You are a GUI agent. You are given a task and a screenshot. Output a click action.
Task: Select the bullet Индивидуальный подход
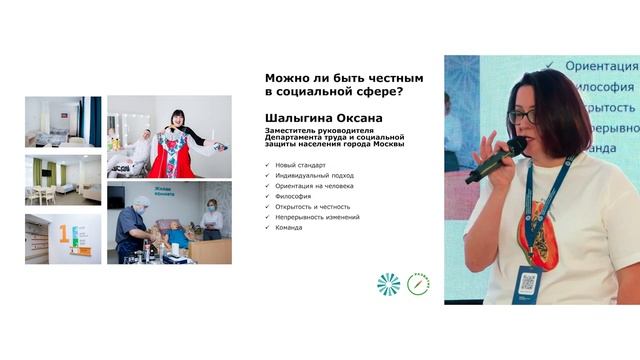[310, 174]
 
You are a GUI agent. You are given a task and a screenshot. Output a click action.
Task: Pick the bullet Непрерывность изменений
[317, 216]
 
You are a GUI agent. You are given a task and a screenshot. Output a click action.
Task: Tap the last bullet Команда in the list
[289, 227]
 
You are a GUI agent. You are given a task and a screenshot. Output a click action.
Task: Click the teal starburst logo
[388, 284]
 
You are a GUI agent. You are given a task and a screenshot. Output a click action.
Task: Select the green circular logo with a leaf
[417, 284]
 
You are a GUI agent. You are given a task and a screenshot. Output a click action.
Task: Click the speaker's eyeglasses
[521, 116]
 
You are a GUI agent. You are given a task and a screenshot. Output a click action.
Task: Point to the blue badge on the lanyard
[527, 284]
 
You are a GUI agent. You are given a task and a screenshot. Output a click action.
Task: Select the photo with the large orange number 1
[63, 238]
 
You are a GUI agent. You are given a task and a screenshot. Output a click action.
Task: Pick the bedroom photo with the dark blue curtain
[63, 122]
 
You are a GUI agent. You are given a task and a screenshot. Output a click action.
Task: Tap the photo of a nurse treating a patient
[169, 223]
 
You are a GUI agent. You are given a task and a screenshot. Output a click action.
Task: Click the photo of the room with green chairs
[63, 180]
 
